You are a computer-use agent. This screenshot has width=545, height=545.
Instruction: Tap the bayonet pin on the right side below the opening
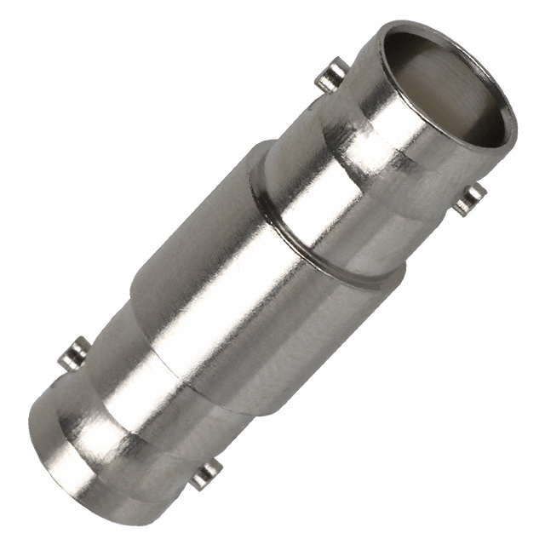pos(469,199)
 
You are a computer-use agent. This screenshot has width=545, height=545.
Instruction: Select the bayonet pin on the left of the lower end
pos(77,351)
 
